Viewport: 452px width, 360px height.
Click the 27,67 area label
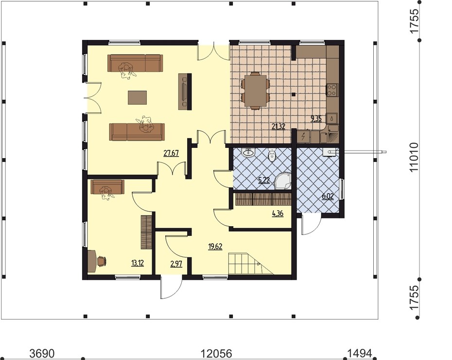click(171, 153)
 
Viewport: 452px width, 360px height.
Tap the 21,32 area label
click(278, 126)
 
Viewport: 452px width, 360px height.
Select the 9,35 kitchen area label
click(316, 119)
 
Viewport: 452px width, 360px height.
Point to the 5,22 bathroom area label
click(264, 180)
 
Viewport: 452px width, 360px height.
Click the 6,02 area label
click(328, 197)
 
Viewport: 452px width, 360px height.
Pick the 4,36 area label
click(278, 214)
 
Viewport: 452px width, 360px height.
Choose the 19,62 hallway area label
click(215, 246)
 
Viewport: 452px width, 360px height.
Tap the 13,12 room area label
click(138, 263)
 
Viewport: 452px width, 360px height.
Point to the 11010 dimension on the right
click(414, 157)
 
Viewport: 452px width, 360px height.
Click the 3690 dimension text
click(42, 353)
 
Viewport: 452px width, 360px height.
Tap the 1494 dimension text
click(360, 353)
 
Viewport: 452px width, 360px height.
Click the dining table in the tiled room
click(255, 90)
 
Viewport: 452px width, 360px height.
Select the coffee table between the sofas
click(137, 97)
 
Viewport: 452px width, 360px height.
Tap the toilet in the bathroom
click(272, 155)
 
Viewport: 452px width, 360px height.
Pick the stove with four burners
click(332, 90)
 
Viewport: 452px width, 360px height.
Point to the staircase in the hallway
click(251, 264)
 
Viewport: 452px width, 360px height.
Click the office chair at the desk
click(102, 261)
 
